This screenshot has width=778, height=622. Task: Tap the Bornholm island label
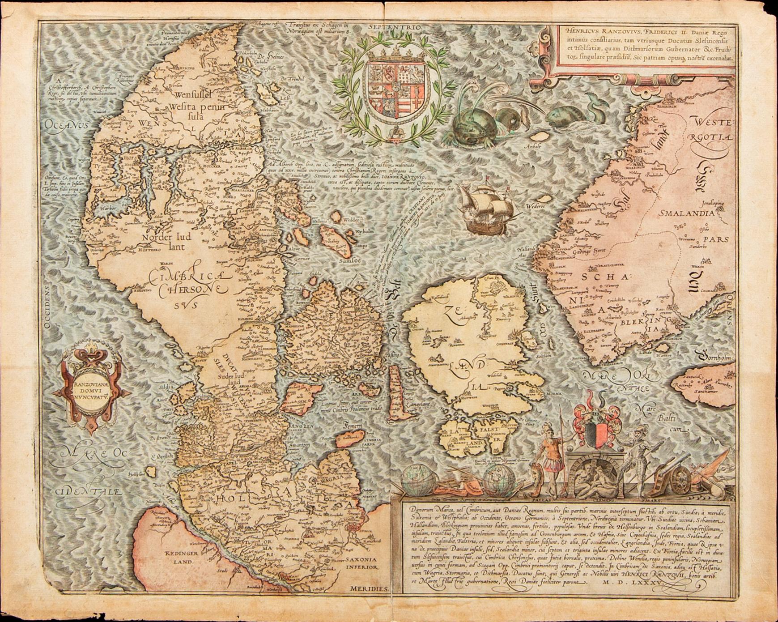715,358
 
